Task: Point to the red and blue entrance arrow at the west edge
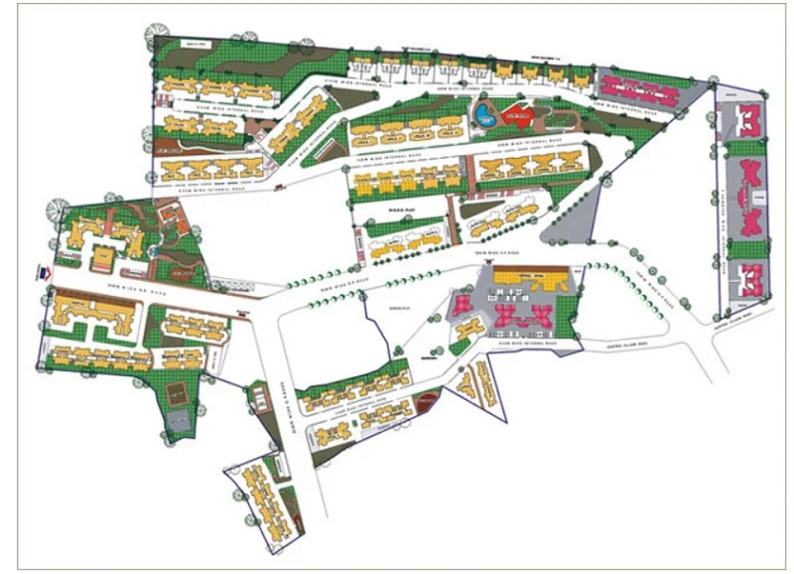pyautogui.click(x=43, y=268)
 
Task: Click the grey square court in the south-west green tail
pyautogui.click(x=179, y=422)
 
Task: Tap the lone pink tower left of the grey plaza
pyautogui.click(x=461, y=305)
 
